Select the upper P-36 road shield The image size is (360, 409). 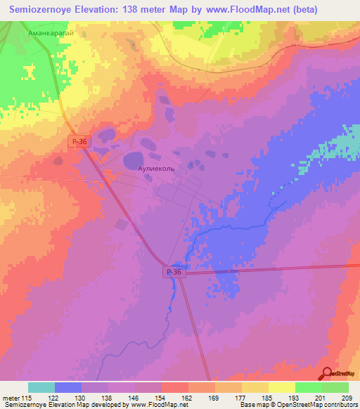[79, 141]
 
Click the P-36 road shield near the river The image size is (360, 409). [176, 272]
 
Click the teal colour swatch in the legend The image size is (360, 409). [41, 387]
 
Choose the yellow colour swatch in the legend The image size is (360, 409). [282, 387]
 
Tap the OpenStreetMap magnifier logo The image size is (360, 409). [325, 374]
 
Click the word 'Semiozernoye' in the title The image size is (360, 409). [39, 10]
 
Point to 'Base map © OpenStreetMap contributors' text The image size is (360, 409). [298, 405]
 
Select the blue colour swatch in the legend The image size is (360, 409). [68, 387]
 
